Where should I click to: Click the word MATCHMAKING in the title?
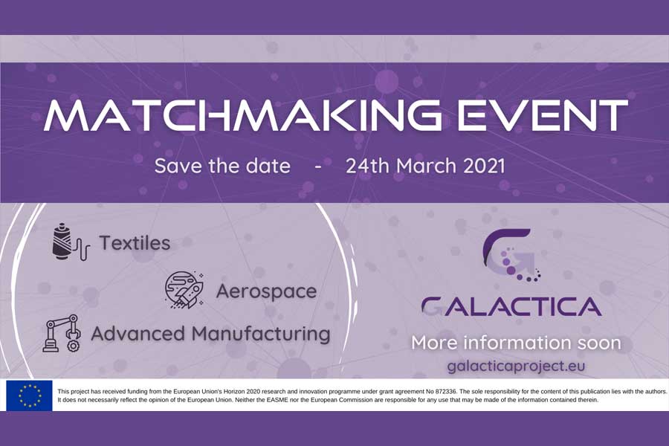[242, 114]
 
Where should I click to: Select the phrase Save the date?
[222, 166]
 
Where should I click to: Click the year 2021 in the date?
[484, 166]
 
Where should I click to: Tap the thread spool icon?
[71, 242]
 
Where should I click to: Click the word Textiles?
[135, 243]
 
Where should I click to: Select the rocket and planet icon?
[184, 289]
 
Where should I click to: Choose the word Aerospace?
[267, 292]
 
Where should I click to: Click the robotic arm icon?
[62, 333]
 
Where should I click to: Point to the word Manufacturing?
[261, 334]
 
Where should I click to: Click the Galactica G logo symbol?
[511, 255]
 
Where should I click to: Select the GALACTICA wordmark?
[511, 307]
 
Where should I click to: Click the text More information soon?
[517, 343]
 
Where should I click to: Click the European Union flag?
[30, 395]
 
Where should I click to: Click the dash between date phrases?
[318, 167]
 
